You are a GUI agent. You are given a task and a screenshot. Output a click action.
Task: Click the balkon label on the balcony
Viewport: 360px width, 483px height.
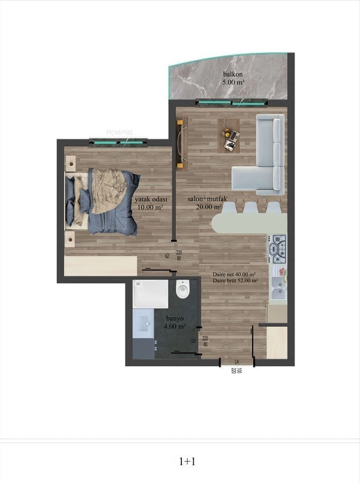coord(233,74)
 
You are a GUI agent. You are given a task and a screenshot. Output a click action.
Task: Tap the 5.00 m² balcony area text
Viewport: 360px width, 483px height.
coord(233,83)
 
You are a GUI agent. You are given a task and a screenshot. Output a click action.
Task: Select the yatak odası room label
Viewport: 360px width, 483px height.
coord(151,199)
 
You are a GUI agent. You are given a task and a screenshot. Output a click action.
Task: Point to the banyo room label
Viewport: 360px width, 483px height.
coord(175,317)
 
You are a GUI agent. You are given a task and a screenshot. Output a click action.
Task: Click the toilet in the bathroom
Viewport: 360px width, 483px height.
coord(183,290)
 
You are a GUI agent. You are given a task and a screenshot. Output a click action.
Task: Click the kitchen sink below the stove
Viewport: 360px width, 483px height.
coord(278,287)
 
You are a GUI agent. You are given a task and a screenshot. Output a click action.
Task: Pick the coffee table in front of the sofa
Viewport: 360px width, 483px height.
coord(229,135)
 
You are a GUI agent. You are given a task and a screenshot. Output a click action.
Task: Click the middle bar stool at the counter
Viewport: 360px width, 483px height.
coord(251,208)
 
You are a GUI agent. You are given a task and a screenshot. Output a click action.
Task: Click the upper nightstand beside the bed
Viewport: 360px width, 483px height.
coord(71,161)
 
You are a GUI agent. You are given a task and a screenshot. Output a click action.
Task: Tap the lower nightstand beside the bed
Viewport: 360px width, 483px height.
coord(70,238)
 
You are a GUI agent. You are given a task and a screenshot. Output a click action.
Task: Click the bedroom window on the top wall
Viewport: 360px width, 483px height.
coord(119,142)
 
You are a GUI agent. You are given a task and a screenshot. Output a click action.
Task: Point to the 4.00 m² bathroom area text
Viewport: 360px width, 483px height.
coord(175,325)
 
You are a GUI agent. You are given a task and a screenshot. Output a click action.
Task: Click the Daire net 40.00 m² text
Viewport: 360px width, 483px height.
coord(234,274)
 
